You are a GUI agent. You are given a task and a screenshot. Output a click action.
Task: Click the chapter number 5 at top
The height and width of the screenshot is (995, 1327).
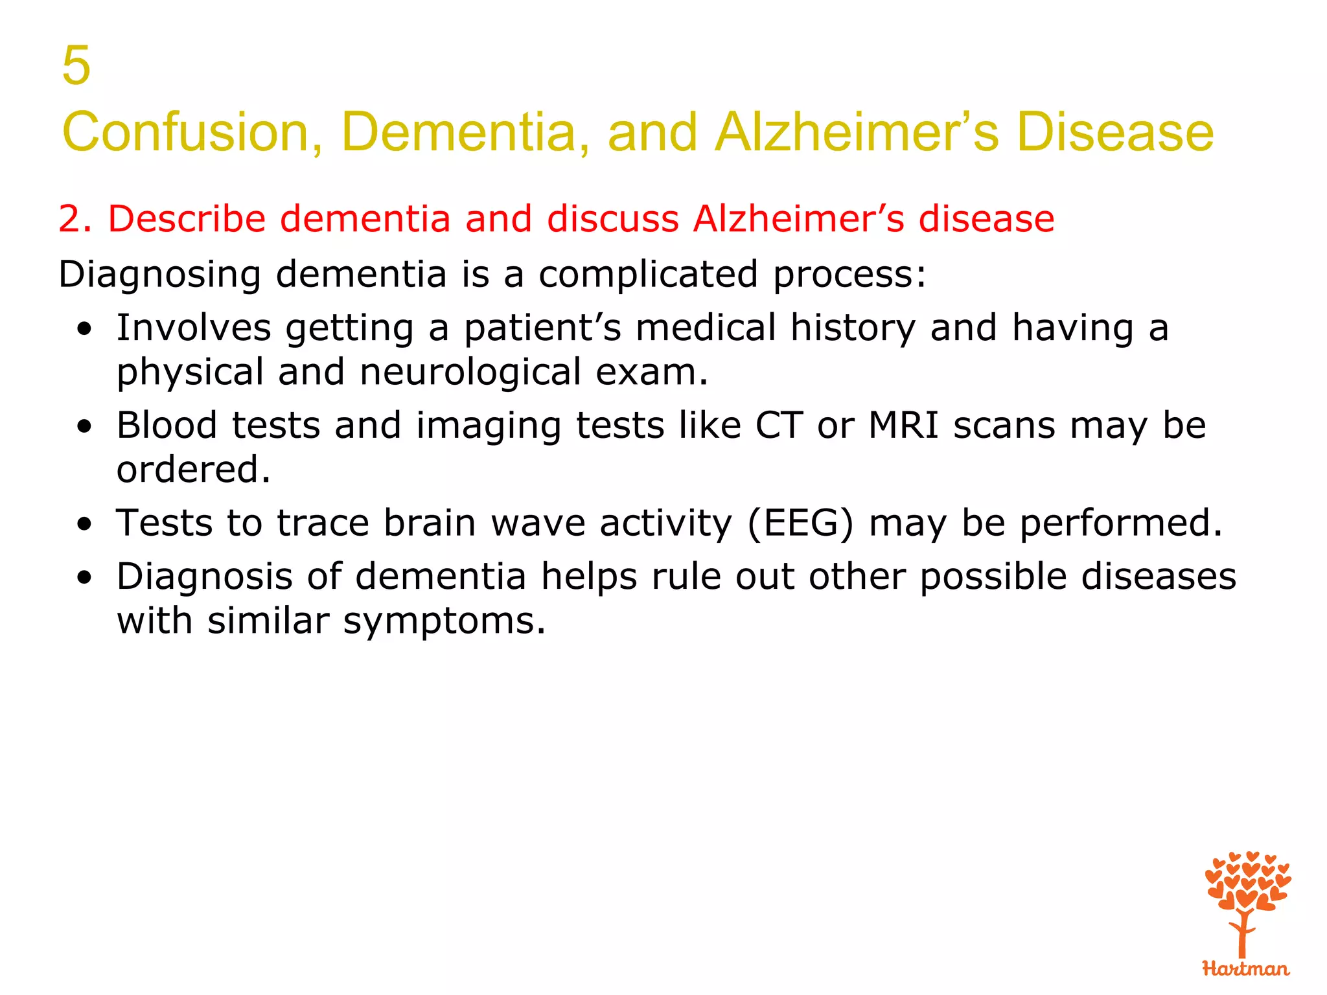tap(76, 65)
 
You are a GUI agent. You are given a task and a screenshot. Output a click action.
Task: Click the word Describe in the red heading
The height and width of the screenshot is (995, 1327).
tap(187, 219)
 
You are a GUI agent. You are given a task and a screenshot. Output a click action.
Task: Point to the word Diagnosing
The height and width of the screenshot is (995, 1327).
tap(159, 275)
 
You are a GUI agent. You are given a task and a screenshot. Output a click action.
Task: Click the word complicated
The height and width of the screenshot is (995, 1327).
tap(648, 275)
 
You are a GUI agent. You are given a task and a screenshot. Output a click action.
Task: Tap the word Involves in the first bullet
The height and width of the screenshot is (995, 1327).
tap(193, 328)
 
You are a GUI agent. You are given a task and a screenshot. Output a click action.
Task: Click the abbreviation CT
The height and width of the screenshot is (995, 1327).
tap(779, 426)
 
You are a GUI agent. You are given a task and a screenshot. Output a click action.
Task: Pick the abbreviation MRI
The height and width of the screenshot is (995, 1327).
tap(903, 426)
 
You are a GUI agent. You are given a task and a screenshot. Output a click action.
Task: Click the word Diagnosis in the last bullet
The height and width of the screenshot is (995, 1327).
tap(204, 577)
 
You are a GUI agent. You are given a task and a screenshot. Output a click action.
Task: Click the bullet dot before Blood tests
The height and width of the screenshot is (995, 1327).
tap(84, 428)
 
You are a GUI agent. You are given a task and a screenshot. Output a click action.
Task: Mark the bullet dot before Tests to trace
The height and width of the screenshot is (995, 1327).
tap(84, 524)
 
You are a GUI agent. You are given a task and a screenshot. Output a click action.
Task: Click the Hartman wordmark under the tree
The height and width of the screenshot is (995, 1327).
tap(1245, 969)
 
